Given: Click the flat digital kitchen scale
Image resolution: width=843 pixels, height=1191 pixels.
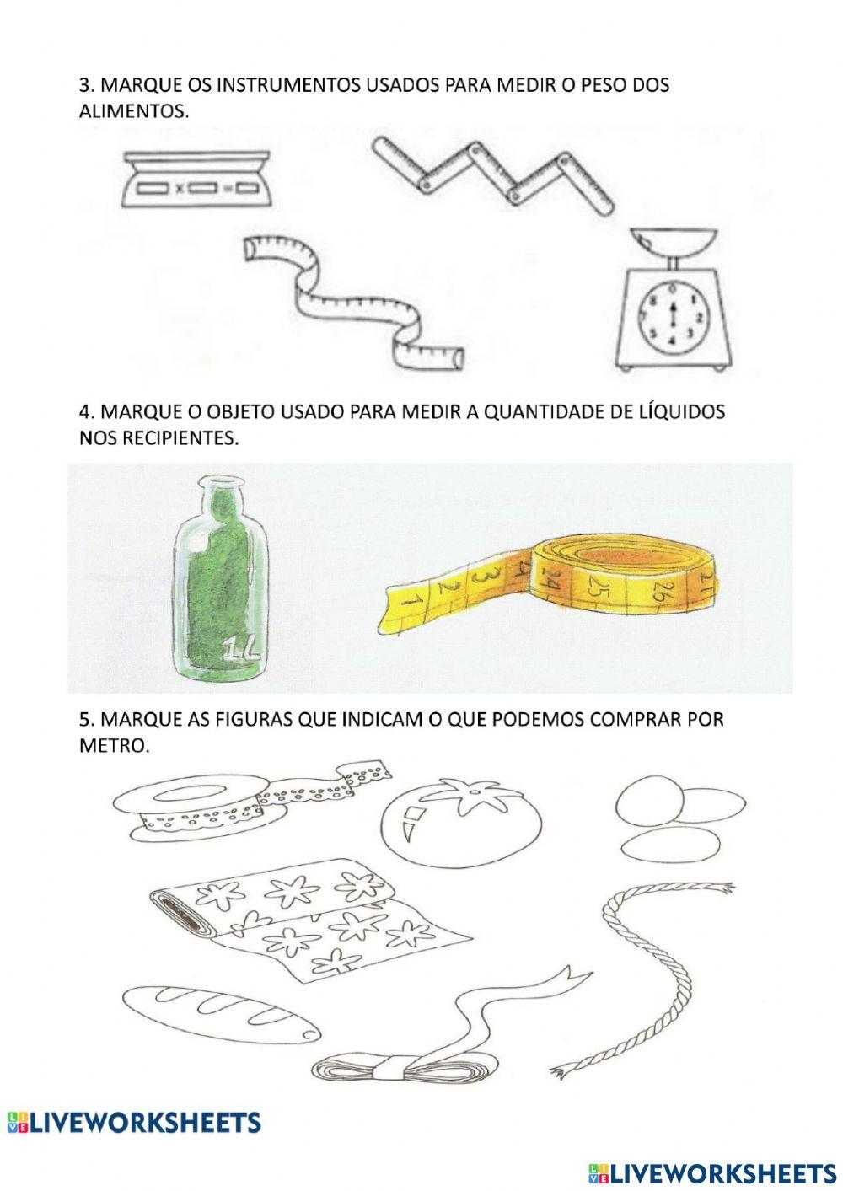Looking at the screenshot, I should coord(196,180).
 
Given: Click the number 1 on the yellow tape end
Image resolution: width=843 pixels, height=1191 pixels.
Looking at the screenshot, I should coord(410,601).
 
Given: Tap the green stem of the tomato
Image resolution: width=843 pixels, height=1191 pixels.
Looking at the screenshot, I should coord(463,793).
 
